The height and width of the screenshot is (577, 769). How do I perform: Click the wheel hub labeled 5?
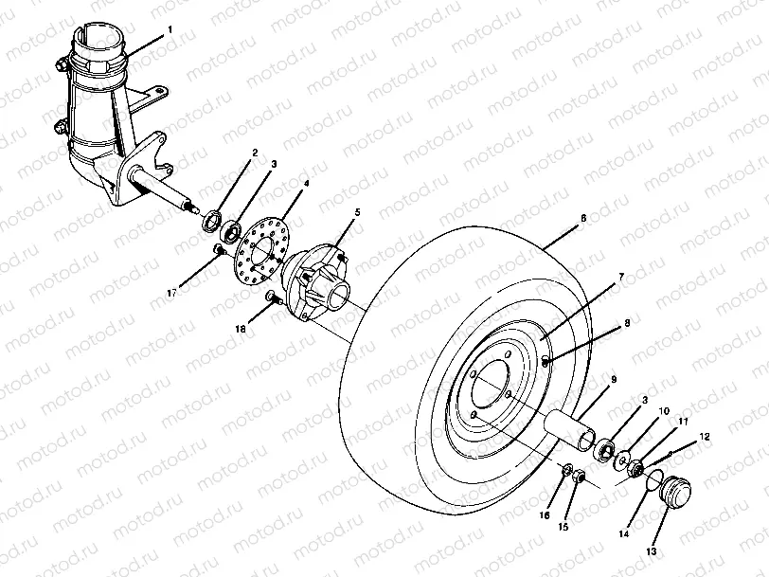click(x=317, y=277)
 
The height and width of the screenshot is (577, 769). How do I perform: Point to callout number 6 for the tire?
click(x=583, y=219)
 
